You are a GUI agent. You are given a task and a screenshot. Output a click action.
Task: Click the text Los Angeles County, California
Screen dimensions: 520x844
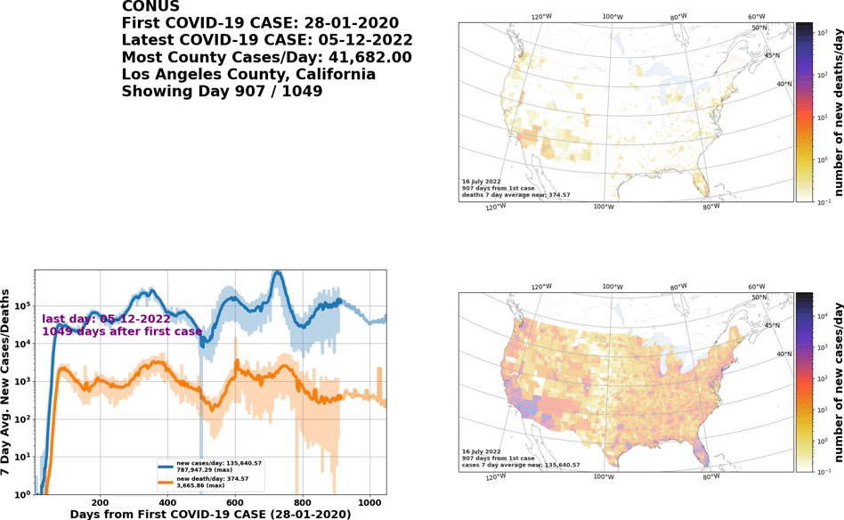click(x=248, y=74)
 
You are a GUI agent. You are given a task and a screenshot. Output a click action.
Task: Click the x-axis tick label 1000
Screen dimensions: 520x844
click(x=369, y=500)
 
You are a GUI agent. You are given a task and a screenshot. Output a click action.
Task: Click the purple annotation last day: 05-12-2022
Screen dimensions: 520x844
click(x=106, y=319)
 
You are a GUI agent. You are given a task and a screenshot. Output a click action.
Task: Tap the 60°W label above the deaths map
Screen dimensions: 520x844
click(x=757, y=17)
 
